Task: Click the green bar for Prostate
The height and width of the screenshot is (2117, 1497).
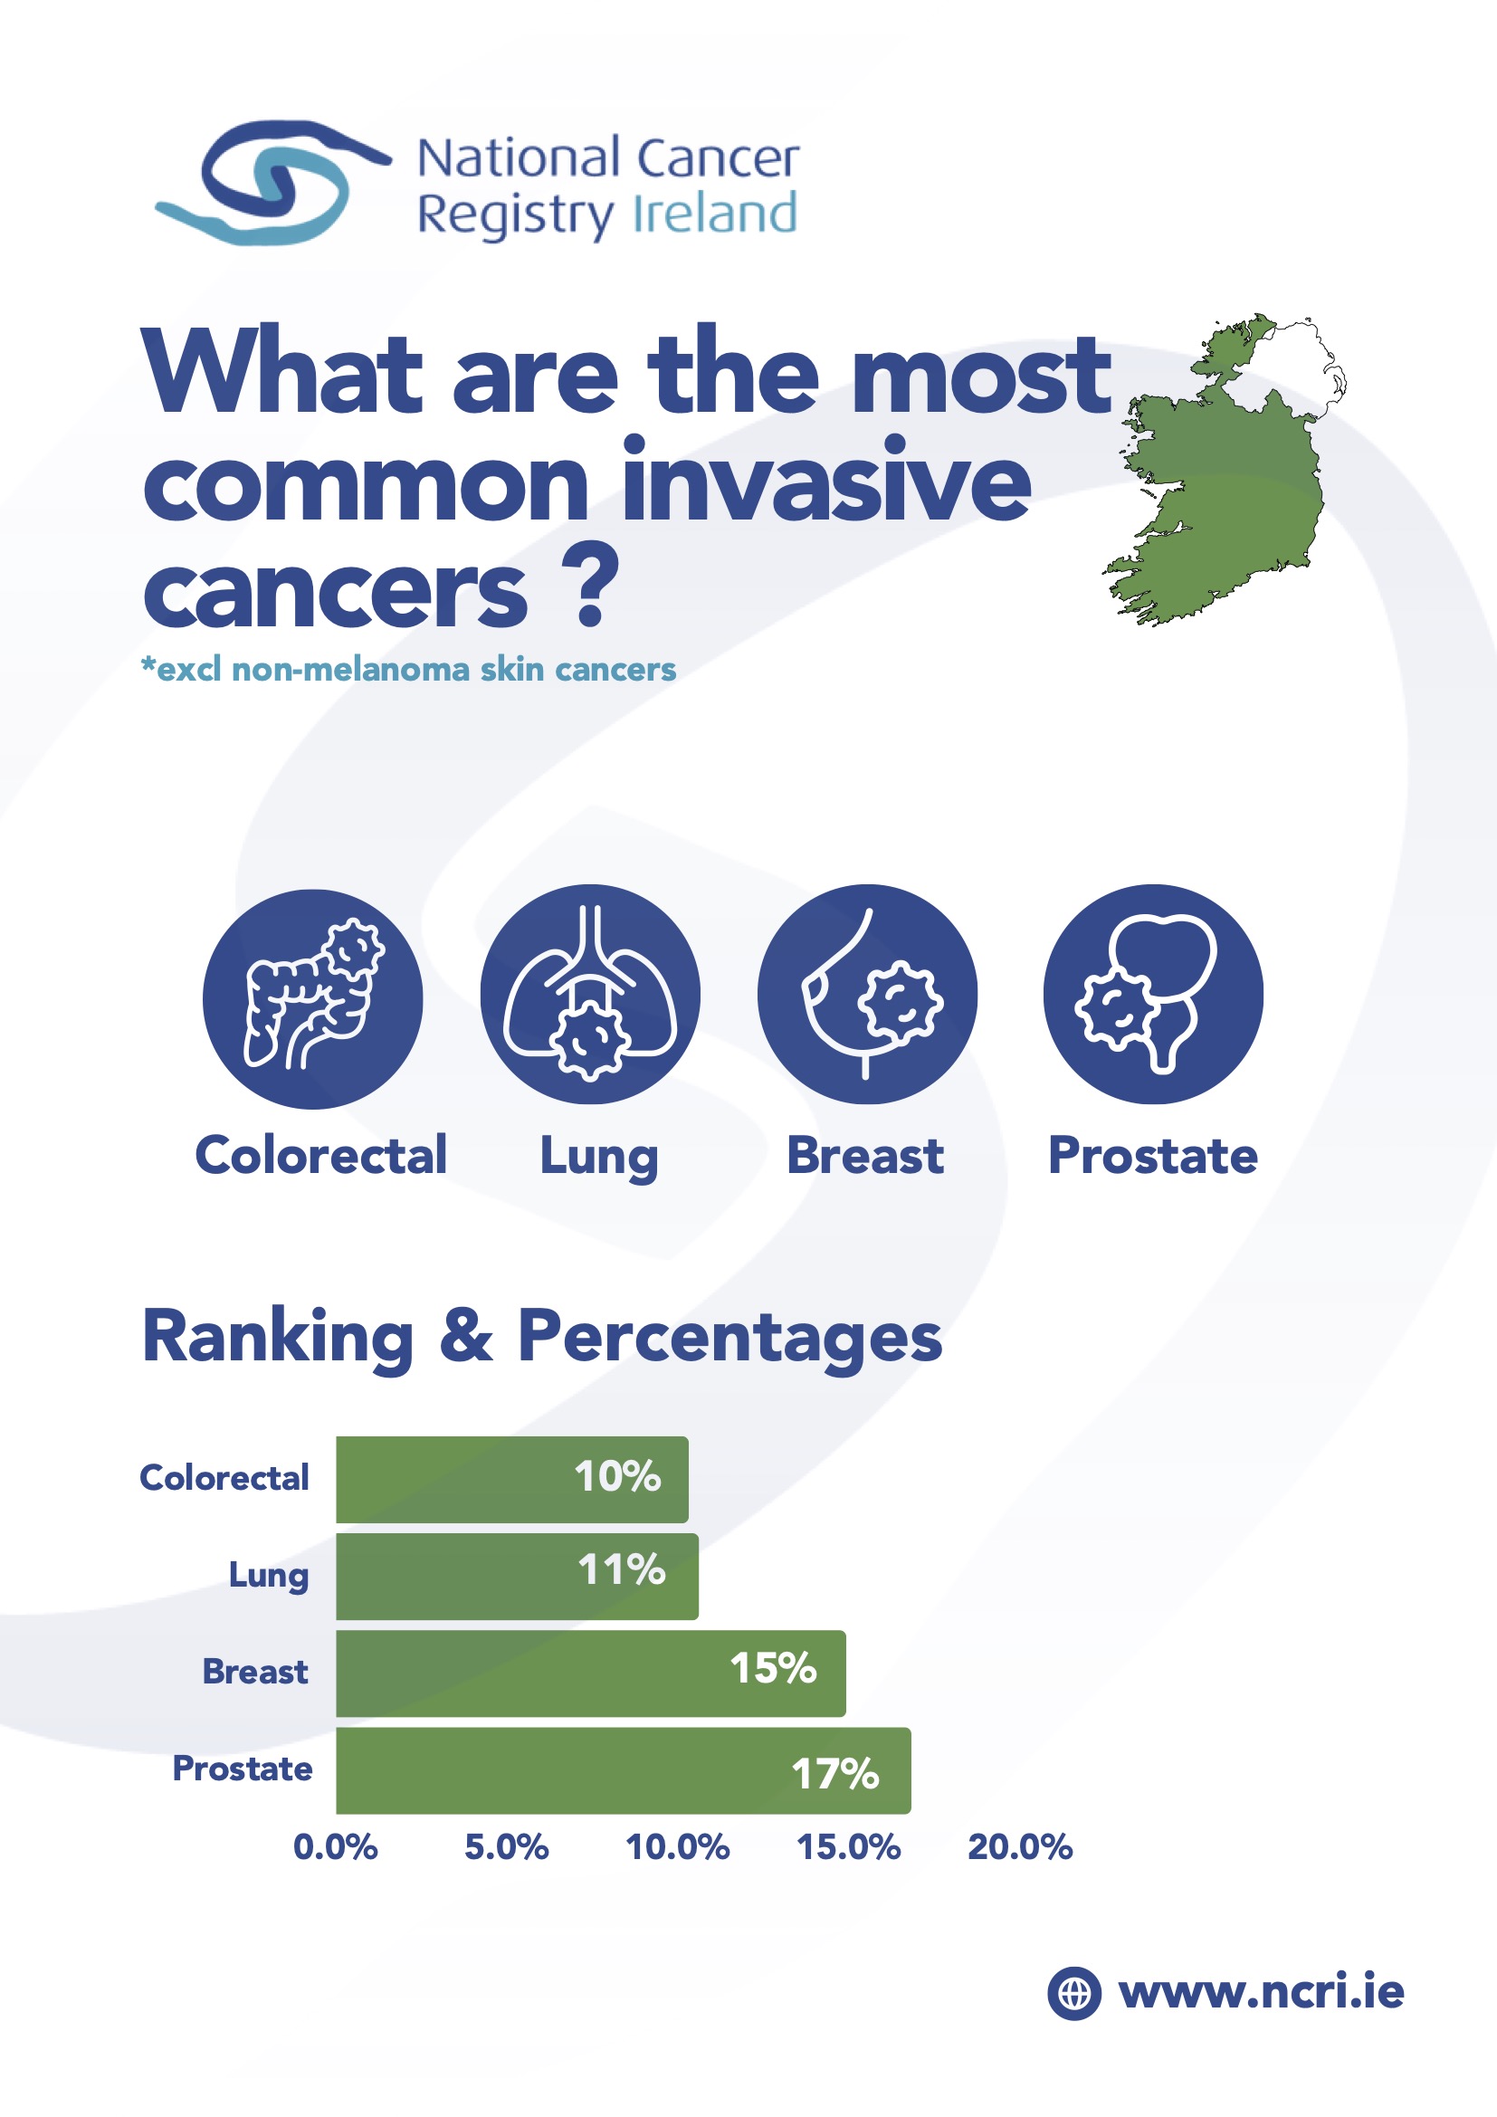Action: [623, 1770]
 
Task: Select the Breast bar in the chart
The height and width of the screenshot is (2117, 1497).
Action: [591, 1674]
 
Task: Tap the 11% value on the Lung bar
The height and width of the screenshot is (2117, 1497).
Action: [621, 1569]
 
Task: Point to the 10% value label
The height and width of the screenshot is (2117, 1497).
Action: [617, 1476]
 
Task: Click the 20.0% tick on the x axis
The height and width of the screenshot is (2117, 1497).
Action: [1019, 1847]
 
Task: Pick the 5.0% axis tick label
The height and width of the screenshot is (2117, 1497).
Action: [506, 1847]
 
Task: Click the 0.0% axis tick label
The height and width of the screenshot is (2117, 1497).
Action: [336, 1847]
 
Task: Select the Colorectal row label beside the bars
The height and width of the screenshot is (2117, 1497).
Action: [224, 1477]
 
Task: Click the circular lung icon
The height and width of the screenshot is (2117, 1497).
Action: [590, 994]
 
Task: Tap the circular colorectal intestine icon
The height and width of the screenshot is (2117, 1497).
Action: [312, 998]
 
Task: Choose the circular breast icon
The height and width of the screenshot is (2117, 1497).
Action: [867, 994]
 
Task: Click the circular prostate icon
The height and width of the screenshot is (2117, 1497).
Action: [1153, 994]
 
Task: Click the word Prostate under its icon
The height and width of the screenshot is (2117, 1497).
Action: [1153, 1155]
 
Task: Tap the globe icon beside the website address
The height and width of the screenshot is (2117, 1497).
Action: [1074, 1993]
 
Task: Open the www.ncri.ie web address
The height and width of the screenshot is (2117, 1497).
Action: [1261, 1991]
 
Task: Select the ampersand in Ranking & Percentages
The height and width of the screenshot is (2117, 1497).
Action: [466, 1336]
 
